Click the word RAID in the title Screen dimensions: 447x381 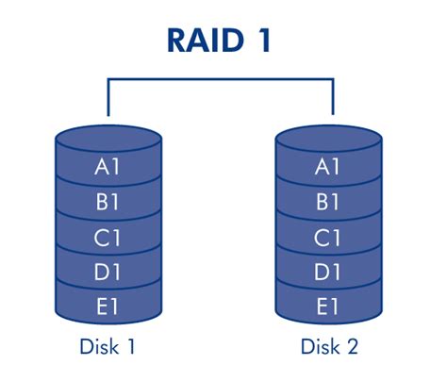tap(206, 41)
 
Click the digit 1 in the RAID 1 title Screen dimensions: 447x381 tap(263, 41)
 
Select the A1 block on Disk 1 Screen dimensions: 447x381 tap(108, 166)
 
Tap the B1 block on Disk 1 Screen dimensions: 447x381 tap(108, 201)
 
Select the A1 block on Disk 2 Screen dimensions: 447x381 tap(329, 166)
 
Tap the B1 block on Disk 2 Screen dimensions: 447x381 tap(329, 201)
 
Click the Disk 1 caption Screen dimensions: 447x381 tap(108, 346)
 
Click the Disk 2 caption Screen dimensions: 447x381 tap(329, 346)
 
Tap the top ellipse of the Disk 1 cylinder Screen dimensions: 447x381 tap(108, 138)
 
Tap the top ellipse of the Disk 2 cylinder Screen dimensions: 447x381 tap(329, 138)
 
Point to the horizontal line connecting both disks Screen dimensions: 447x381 tap(221, 79)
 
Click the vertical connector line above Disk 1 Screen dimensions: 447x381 tap(108, 97)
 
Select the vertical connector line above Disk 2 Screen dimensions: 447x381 tap(333, 96)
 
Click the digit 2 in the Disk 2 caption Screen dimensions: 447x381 tap(352, 346)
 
